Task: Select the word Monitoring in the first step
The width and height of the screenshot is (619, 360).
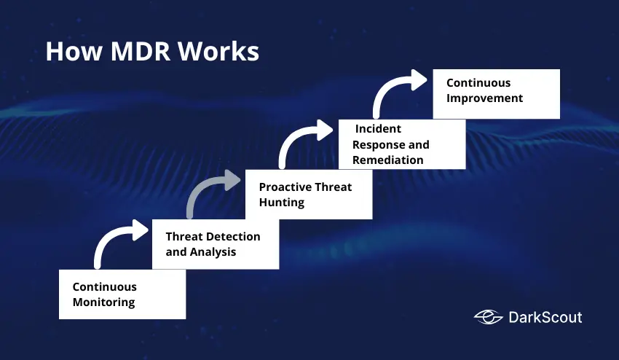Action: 103,302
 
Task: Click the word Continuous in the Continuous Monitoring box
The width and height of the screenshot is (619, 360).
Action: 105,286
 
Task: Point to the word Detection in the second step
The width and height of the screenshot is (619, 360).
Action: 232,236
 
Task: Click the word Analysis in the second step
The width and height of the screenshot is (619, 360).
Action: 213,252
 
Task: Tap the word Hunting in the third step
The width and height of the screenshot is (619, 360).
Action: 281,202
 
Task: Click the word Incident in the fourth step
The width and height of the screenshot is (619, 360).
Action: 378,129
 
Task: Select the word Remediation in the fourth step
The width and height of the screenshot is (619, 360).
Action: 387,160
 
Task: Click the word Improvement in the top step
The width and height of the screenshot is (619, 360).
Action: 484,98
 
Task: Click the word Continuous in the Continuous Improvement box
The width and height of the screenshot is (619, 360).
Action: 478,82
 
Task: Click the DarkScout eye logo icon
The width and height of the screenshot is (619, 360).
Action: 488,316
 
